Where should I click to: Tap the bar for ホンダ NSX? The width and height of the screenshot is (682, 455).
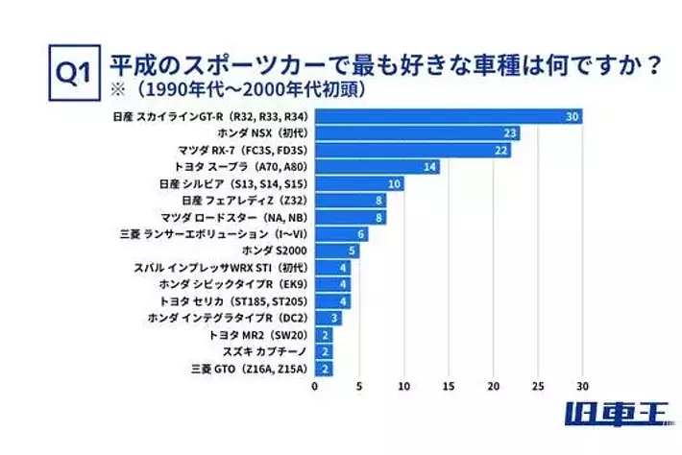[x=417, y=133]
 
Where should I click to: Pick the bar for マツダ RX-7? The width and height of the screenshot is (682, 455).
[x=413, y=150]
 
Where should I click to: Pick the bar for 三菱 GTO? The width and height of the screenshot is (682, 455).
[x=324, y=368]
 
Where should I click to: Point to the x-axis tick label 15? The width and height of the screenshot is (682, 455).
[x=449, y=386]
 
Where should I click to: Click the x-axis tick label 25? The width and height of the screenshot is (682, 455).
[x=538, y=386]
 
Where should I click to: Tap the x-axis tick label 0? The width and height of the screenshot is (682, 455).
[x=315, y=386]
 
